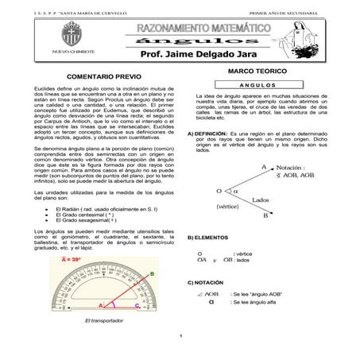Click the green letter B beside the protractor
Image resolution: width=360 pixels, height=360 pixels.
[152, 273]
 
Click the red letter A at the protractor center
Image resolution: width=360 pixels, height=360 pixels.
[100, 305]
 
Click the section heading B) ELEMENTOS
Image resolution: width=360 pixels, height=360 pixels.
[208, 238]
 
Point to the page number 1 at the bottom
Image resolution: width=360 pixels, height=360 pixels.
[181, 335]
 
